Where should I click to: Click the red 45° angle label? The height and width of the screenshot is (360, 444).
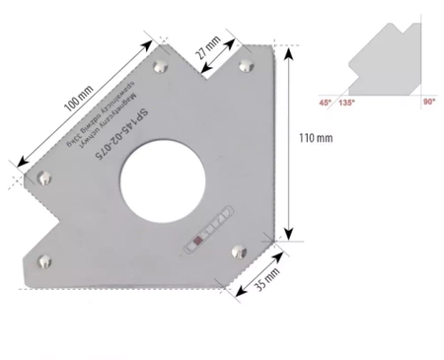pyautogui.click(x=324, y=102)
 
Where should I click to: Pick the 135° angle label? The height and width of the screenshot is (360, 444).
pyautogui.click(x=346, y=102)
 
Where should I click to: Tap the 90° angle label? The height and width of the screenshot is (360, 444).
pyautogui.click(x=428, y=102)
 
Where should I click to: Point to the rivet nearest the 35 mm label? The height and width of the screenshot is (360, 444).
pyautogui.click(x=236, y=252)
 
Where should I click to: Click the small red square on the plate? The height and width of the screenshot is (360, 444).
pyautogui.click(x=199, y=238)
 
